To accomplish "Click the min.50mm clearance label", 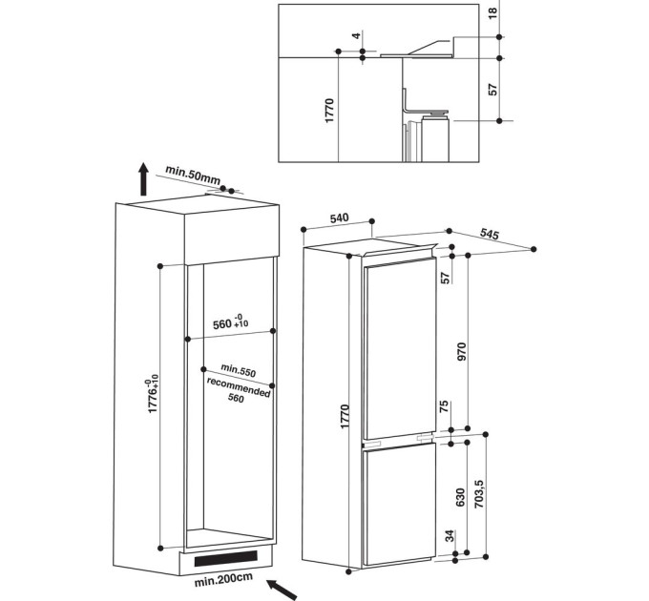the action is [193, 175].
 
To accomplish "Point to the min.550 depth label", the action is [238, 370].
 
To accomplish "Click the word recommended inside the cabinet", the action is [239, 386].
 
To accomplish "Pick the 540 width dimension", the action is [340, 218].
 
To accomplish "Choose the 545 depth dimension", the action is [490, 234].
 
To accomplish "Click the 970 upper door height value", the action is [462, 352].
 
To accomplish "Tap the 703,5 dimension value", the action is [479, 494].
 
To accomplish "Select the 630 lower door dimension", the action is [461, 497].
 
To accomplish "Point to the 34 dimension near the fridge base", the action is [450, 535].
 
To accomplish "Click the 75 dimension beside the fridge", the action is [444, 406].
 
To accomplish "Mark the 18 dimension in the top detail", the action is [492, 12].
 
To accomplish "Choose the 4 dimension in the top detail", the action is [357, 35].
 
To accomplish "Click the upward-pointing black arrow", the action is [143, 178].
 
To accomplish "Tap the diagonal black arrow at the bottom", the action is [282, 590].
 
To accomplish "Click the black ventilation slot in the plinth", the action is [226, 558].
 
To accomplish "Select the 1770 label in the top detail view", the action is [329, 111].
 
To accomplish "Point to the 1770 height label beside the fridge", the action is [345, 417].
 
